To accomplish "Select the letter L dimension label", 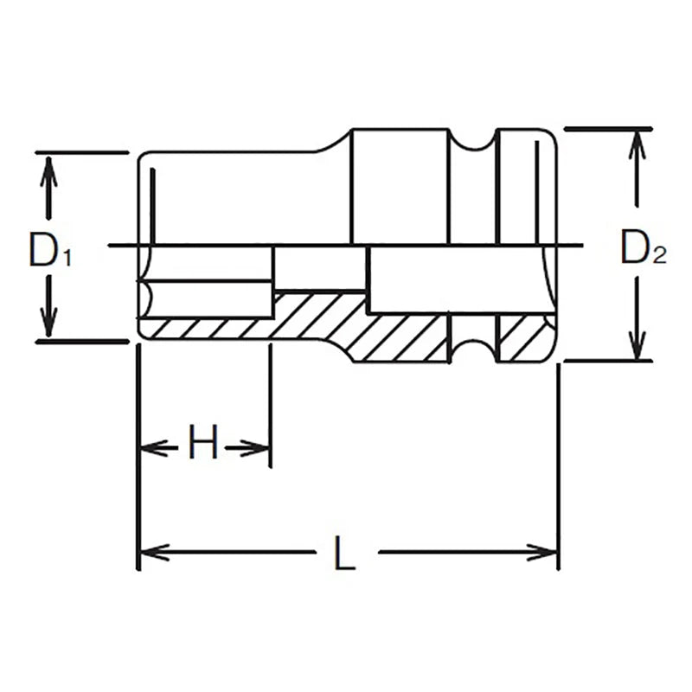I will [345, 553].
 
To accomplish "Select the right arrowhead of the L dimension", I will [546, 552].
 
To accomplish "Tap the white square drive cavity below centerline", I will [411, 279].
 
